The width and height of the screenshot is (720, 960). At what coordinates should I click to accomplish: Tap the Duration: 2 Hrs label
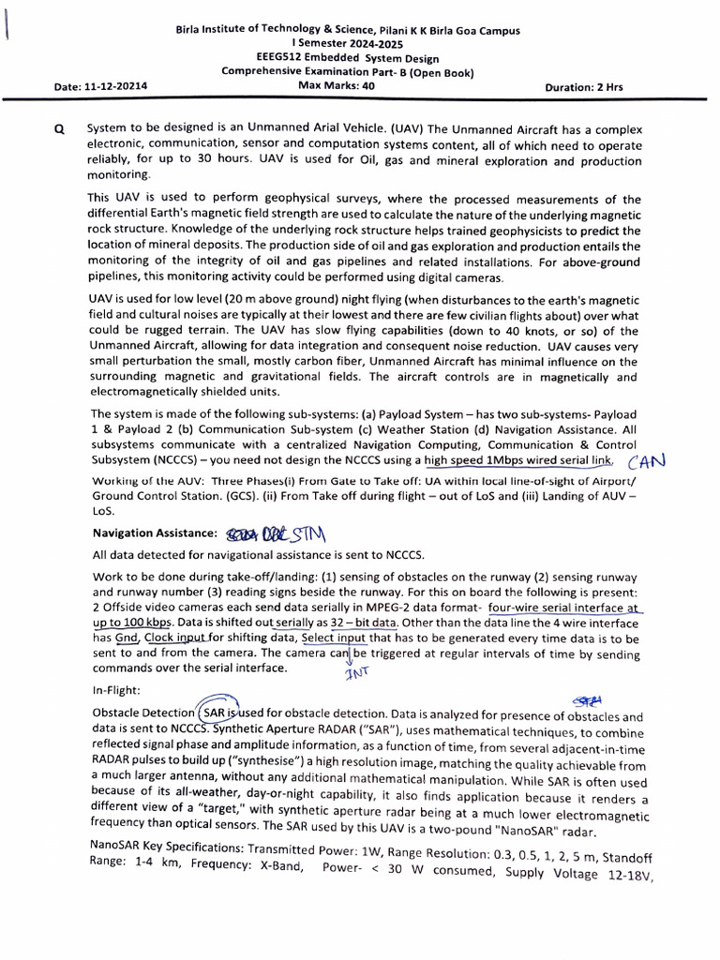click(x=583, y=86)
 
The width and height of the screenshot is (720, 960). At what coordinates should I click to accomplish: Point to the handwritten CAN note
click(x=647, y=460)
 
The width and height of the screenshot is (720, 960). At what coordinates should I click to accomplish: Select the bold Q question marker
click(x=60, y=130)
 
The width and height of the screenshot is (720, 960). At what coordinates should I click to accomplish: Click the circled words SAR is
click(x=217, y=713)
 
